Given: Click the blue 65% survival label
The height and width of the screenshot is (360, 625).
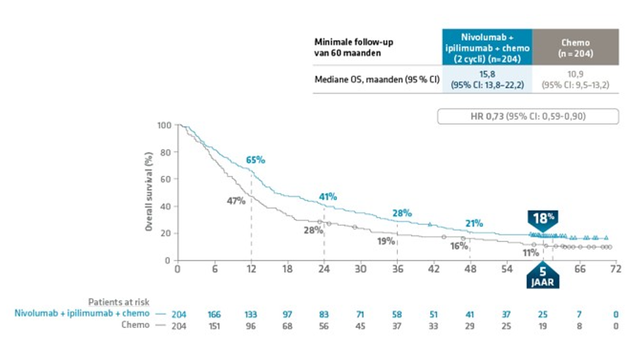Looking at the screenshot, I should (255, 160).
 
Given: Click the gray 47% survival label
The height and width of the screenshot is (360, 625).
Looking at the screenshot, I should (236, 201).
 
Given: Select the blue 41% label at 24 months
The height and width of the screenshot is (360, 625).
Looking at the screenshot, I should (328, 197).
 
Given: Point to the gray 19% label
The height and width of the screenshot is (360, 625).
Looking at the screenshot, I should (386, 241).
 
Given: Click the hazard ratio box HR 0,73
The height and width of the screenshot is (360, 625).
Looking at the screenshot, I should (527, 117).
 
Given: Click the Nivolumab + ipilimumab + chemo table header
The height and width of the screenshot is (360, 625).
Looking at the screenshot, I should (487, 47).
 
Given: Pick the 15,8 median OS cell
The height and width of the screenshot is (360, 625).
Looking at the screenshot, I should (487, 81).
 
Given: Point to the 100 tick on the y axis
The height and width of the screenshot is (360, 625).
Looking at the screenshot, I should (164, 125).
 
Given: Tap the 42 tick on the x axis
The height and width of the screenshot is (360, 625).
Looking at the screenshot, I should (433, 269).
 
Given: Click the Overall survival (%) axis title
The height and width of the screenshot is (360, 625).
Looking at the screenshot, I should (149, 192).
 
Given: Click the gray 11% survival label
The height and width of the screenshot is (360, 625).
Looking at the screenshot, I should (530, 252).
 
